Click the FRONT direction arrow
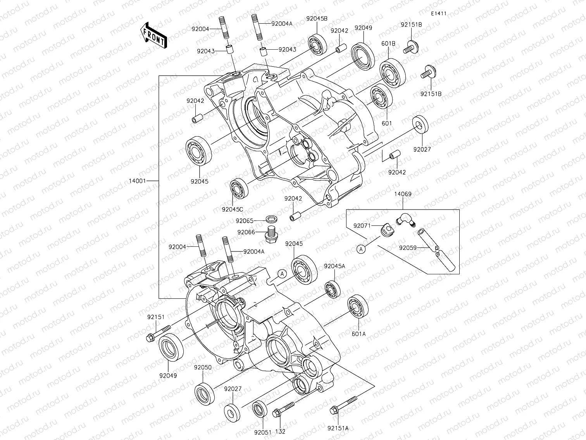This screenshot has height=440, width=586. [x=154, y=35]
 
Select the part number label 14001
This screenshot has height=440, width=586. [x=140, y=181]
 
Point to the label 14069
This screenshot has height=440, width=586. [x=403, y=194]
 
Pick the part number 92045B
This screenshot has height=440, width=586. [x=317, y=18]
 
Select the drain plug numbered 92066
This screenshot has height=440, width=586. [x=272, y=234]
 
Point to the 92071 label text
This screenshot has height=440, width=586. [x=362, y=225]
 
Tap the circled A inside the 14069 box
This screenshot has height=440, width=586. [x=361, y=249]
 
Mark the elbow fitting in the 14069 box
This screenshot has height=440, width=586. [x=405, y=218]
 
